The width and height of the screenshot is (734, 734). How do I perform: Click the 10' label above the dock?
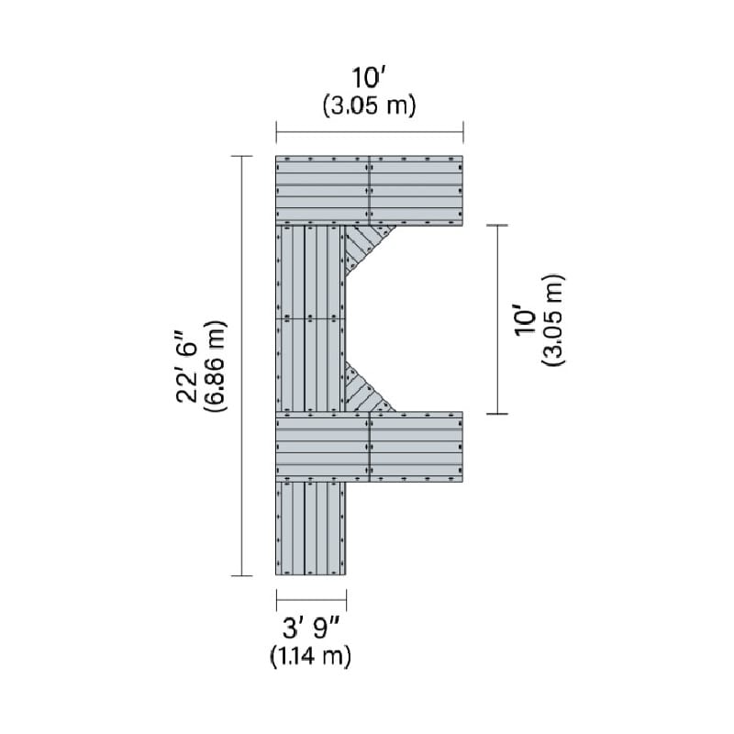370,79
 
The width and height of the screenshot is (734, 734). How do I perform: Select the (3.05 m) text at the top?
370,106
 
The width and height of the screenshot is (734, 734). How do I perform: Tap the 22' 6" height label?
189,365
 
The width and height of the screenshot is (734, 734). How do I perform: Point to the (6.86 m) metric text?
216,366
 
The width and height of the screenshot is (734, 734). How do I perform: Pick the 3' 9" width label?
311,630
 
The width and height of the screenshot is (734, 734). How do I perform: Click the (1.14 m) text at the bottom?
311,657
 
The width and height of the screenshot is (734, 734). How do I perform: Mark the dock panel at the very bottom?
311,528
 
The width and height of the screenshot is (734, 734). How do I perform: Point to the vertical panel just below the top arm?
311,272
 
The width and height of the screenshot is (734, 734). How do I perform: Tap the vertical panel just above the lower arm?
311,365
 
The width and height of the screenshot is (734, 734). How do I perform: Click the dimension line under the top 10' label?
370,132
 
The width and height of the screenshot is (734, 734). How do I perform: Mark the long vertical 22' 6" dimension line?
242,366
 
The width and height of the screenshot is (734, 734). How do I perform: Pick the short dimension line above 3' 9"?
311,601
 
